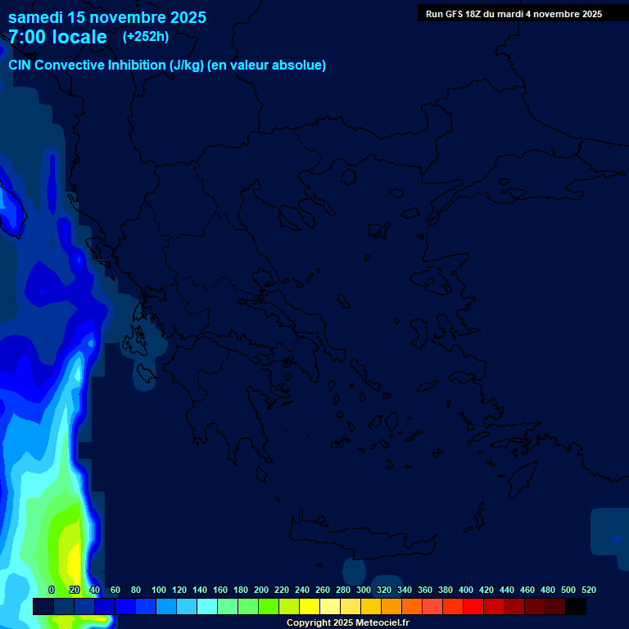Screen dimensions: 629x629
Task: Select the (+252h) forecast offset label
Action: coord(146,36)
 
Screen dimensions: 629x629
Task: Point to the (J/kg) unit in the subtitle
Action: coord(187,66)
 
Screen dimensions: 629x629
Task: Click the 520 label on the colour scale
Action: coord(588,590)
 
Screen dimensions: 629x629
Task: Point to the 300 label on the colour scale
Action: coord(364,590)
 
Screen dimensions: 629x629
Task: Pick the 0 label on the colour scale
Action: coord(52,590)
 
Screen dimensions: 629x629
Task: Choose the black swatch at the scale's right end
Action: coord(576,606)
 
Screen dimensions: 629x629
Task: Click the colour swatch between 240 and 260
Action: coord(310,606)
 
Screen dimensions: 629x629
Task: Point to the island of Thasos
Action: coord(349,177)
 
